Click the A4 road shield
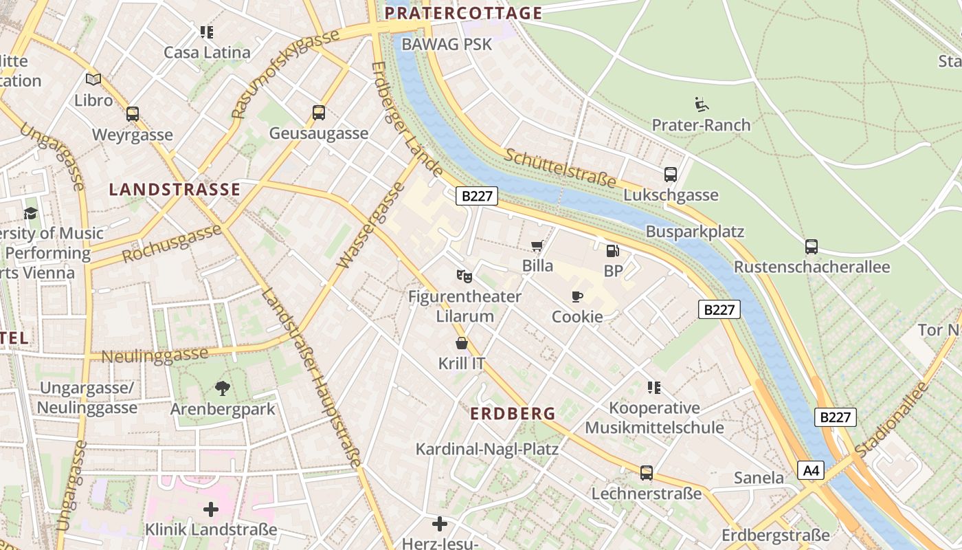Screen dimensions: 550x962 (x=811, y=470)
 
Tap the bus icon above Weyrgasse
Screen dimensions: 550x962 (x=133, y=114)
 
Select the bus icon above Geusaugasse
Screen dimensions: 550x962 (x=319, y=113)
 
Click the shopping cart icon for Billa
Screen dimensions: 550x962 (x=537, y=245)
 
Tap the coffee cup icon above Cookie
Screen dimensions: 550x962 (x=577, y=296)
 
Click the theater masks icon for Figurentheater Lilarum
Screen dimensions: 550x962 (x=465, y=276)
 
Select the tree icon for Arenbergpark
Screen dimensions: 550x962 (x=222, y=388)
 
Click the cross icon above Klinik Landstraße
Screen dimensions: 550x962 (x=211, y=509)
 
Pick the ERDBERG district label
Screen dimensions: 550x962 (x=513, y=414)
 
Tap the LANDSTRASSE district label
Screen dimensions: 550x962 (x=175, y=190)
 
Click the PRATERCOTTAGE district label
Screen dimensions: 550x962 (x=463, y=13)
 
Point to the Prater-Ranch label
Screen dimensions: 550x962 (x=701, y=125)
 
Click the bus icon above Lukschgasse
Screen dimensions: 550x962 (x=671, y=175)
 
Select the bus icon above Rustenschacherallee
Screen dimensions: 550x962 (x=812, y=247)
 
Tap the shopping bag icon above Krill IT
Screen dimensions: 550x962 (x=462, y=343)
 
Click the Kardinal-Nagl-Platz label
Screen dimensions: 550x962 (x=486, y=450)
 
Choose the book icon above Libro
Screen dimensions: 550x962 (x=93, y=79)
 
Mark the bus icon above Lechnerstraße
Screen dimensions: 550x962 (x=646, y=473)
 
